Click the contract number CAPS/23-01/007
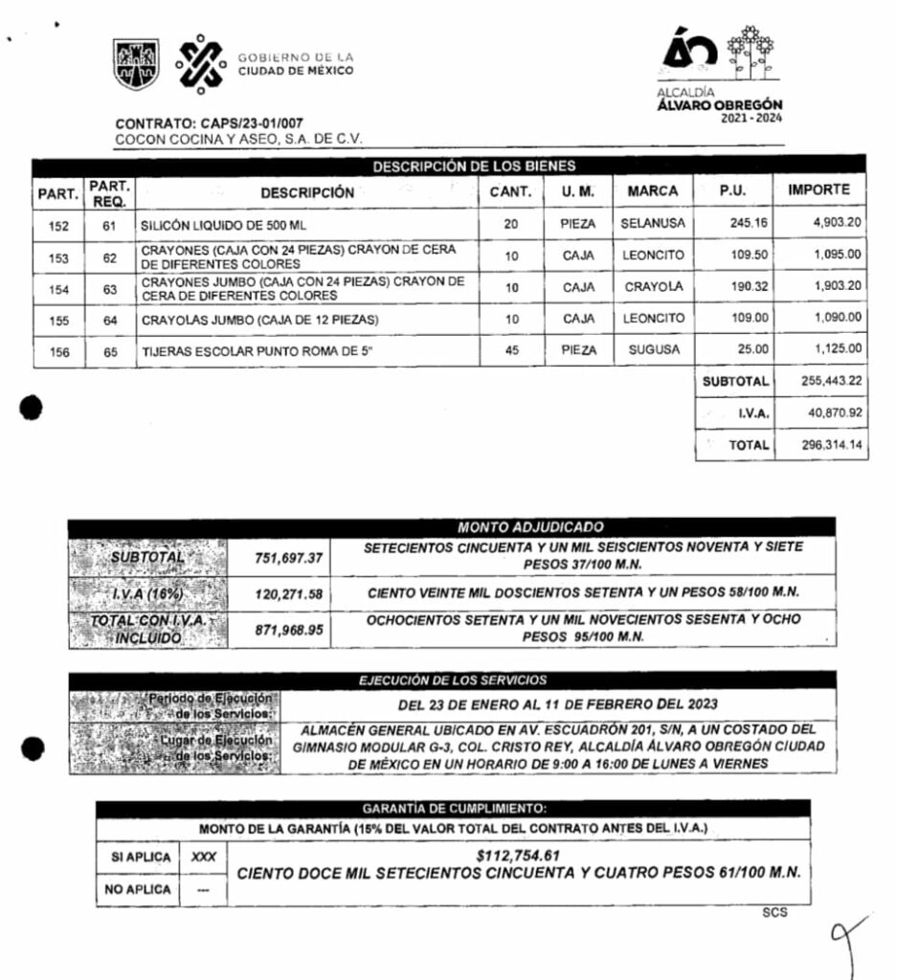pos(236,123)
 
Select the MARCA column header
pos(652,191)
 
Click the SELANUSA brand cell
pos(652,225)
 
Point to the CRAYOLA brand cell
pos(653,287)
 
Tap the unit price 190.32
pos(735,287)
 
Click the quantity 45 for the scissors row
pos(511,350)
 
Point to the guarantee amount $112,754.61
pos(518,856)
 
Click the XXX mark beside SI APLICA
pos(203,857)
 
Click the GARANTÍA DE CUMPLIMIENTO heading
pos(454,810)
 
